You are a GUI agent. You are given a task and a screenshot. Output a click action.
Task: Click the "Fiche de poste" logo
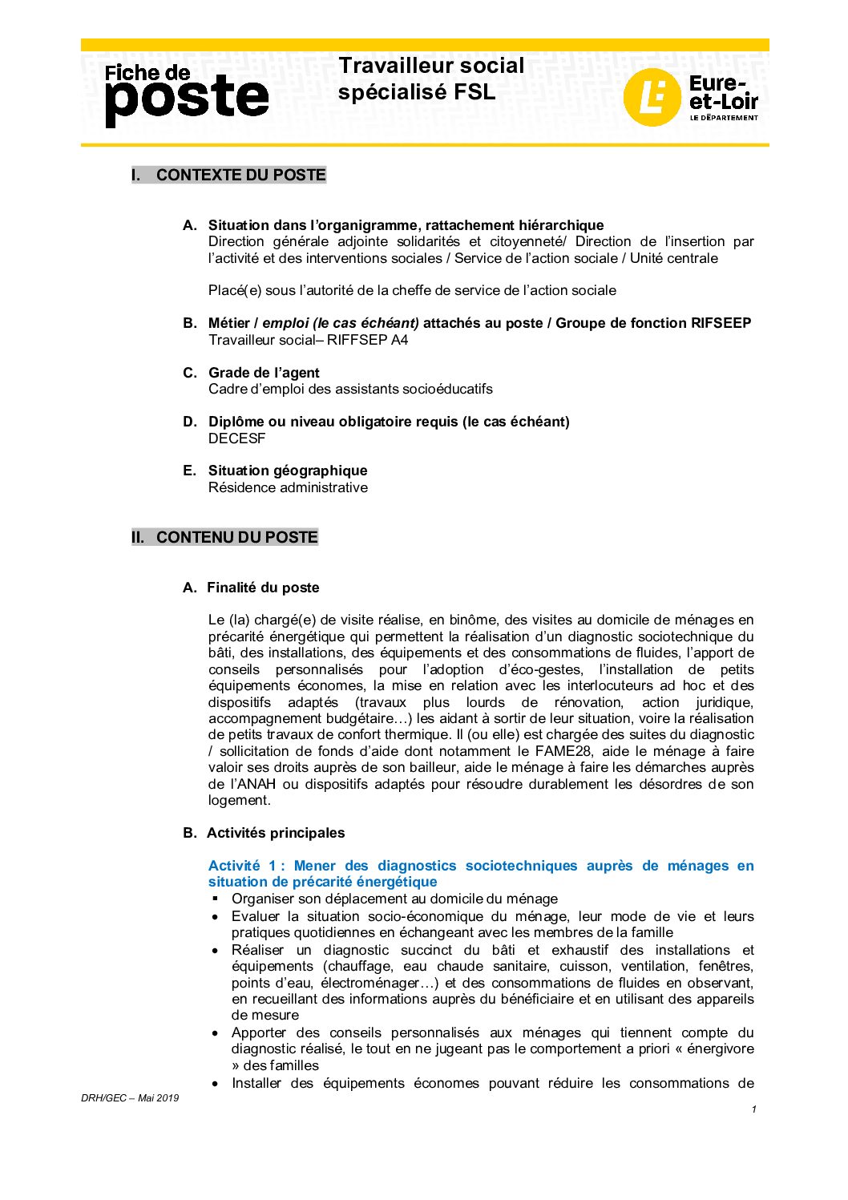[186, 95]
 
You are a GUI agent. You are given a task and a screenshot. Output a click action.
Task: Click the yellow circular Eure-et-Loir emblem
[652, 97]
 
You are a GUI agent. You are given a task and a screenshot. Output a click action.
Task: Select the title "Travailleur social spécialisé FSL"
[430, 79]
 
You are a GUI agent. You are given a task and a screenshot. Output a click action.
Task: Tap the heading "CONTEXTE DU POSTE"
[240, 175]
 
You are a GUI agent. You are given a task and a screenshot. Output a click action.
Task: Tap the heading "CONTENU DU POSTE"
[236, 537]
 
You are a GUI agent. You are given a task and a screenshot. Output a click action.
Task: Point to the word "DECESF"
[236, 438]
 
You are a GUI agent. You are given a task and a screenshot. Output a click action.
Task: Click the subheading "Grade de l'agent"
[264, 373]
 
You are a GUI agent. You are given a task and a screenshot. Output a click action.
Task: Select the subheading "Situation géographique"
[288, 471]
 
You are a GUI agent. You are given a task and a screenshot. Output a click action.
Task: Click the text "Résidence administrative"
[288, 487]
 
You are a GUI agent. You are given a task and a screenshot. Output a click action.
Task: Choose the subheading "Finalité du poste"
[263, 588]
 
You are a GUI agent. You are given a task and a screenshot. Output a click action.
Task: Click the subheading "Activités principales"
[276, 833]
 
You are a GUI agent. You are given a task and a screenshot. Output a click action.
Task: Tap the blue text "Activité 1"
[242, 866]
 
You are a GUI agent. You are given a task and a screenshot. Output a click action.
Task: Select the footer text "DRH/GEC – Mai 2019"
[130, 1098]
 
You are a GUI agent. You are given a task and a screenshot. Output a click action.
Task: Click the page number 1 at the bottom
[753, 1109]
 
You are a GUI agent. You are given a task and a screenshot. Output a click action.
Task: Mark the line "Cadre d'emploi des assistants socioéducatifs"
[350, 389]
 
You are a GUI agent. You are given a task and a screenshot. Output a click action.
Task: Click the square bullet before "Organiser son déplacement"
[216, 899]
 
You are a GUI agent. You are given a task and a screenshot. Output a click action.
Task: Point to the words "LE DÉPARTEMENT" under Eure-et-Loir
[723, 118]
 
